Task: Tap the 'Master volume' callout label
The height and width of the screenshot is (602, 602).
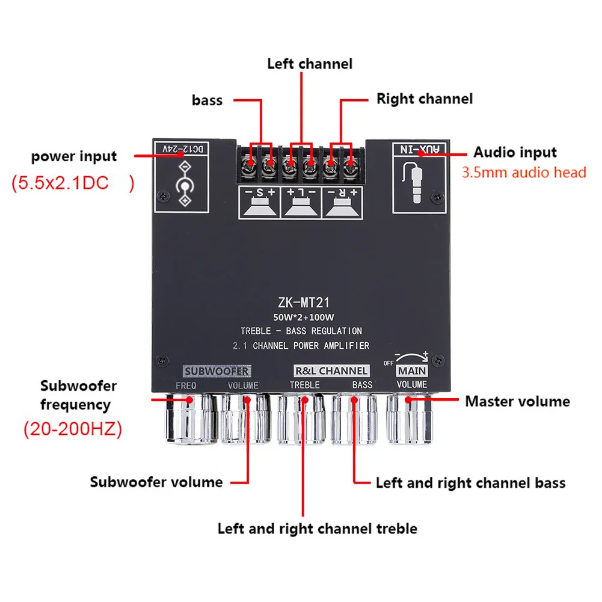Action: tap(517, 401)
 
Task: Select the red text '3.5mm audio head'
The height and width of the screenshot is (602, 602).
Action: tap(524, 173)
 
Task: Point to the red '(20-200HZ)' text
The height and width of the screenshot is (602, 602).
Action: tap(73, 429)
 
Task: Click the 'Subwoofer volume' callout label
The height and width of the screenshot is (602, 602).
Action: tap(156, 482)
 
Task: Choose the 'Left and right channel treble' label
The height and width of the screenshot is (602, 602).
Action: tap(317, 529)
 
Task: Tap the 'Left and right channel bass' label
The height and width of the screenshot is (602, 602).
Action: tap(470, 482)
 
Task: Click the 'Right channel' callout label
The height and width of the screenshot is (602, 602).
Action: tap(425, 99)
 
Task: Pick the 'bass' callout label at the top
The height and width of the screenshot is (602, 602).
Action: tap(207, 100)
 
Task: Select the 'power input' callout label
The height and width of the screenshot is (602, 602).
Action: tap(74, 157)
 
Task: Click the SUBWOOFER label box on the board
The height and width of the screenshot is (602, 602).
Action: tap(217, 371)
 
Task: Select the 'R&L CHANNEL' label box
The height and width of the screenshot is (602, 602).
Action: tap(331, 371)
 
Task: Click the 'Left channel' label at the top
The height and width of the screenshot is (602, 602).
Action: tap(310, 64)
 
